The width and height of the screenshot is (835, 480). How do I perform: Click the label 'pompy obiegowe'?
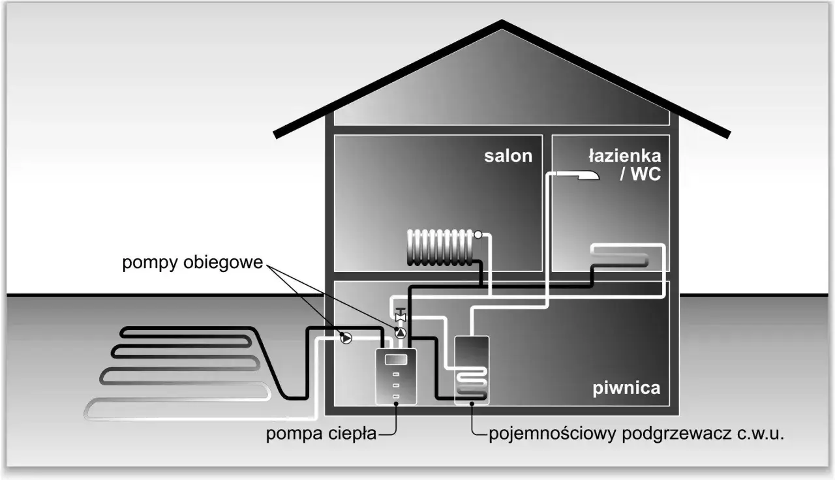tap(192, 264)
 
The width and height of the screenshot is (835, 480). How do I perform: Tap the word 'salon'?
tap(508, 157)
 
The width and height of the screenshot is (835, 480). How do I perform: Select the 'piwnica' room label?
tap(626, 389)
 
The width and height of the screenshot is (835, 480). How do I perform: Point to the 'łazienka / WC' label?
tap(624, 164)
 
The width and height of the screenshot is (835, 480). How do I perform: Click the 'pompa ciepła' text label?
tap(321, 434)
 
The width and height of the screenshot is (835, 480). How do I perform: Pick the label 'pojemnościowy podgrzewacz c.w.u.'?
tap(636, 434)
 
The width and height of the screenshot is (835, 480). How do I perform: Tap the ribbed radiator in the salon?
tap(440, 247)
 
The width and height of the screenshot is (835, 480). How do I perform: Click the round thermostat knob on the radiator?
tap(478, 235)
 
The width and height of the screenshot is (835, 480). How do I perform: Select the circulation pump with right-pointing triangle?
tap(346, 337)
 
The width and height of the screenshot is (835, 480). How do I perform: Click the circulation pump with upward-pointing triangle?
tap(401, 334)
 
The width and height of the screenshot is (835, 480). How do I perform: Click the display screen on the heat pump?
tap(397, 360)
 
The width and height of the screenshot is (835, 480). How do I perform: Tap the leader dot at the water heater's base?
tap(472, 406)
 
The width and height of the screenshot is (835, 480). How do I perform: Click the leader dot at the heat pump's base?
tap(396, 406)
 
